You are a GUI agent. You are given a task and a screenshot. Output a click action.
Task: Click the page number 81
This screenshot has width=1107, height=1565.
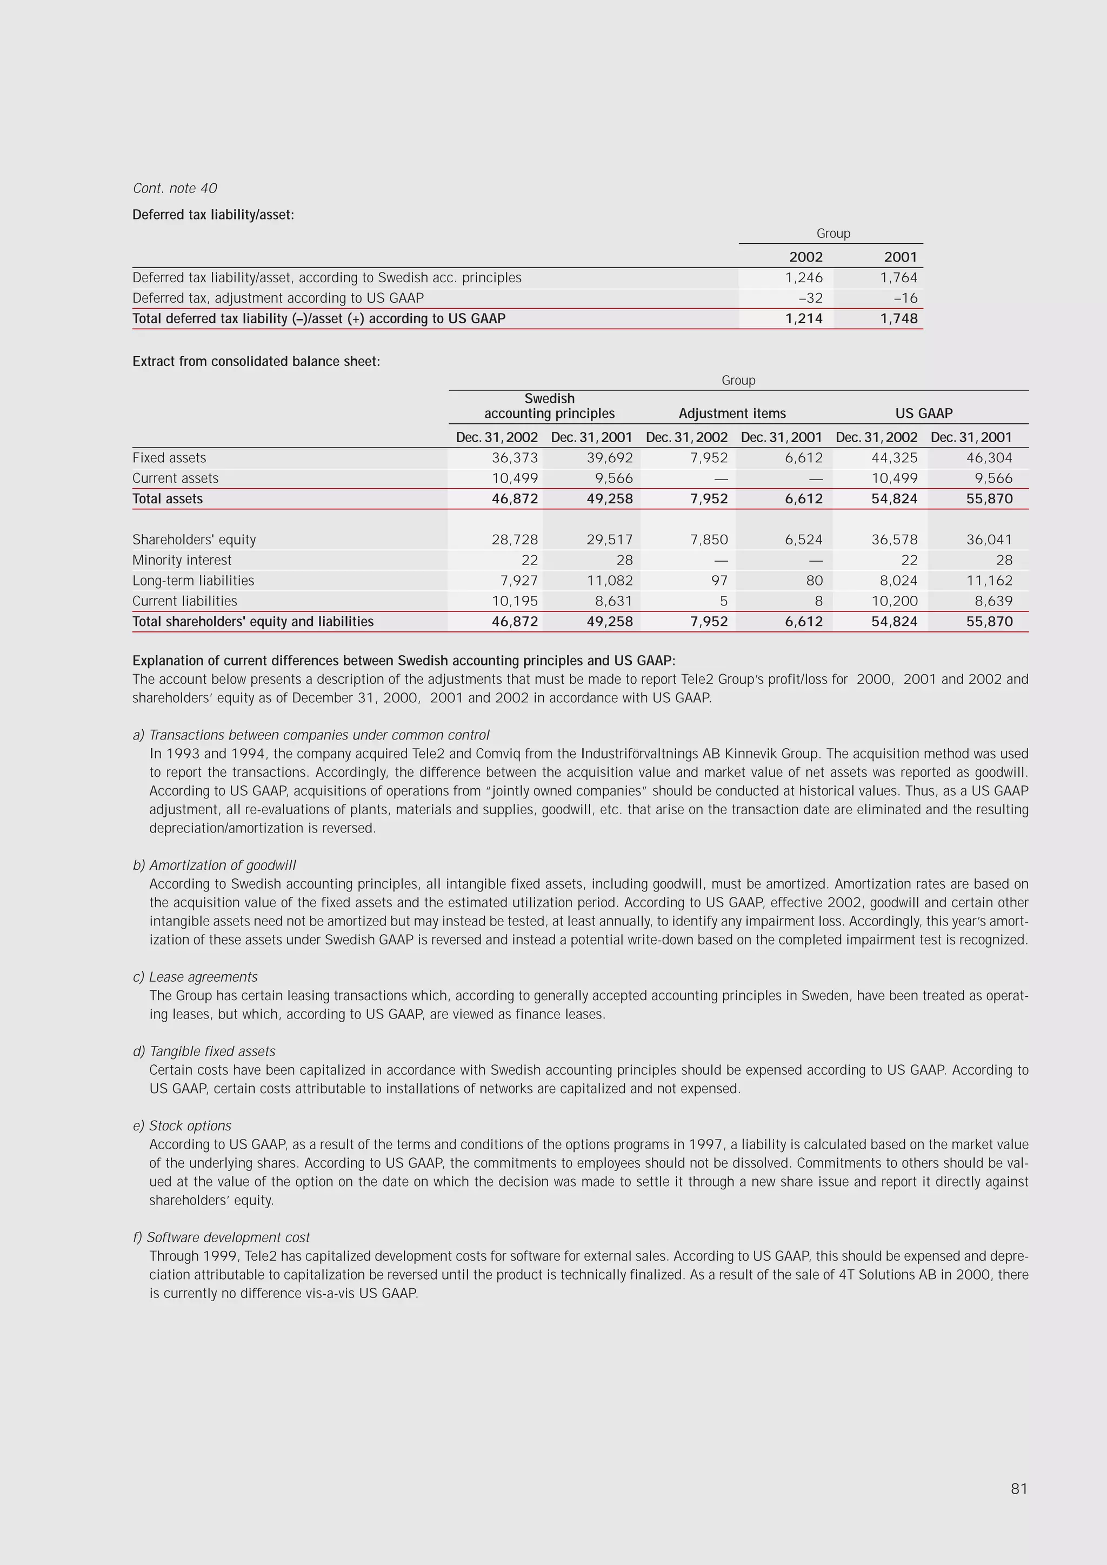(1018, 1488)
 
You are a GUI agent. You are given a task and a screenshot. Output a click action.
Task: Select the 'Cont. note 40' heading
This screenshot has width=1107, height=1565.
(175, 188)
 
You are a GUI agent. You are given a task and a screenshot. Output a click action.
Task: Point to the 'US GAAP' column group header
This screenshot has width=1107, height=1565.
(924, 413)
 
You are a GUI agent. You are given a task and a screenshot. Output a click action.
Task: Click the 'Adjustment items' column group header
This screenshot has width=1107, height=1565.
(732, 413)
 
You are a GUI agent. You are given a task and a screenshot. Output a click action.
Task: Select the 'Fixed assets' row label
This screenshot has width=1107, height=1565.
(169, 458)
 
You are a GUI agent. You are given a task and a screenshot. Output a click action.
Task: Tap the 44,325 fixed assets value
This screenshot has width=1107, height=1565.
(895, 458)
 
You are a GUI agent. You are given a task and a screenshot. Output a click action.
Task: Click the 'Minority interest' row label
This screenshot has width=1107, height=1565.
(182, 560)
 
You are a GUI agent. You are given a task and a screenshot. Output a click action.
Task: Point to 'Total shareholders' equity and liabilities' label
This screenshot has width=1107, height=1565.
(253, 622)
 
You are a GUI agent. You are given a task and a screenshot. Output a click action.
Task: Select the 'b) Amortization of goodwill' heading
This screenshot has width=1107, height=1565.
(215, 865)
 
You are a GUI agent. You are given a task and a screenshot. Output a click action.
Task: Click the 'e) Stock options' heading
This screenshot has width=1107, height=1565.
(182, 1126)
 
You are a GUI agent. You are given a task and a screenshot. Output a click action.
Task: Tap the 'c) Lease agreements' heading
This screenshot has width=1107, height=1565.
(195, 977)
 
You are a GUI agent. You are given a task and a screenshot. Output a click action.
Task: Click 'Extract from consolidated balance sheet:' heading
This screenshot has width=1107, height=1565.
(256, 361)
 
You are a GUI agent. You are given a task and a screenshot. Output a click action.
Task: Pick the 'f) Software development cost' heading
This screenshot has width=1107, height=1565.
(222, 1237)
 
